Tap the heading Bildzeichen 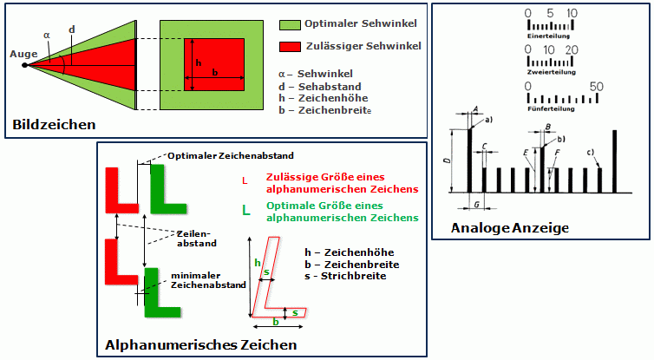tap(54, 125)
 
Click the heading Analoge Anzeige tap(509, 228)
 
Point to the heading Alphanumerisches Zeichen tap(201, 344)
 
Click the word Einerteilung tap(547, 37)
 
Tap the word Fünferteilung tap(549, 110)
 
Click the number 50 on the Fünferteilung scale tap(595, 87)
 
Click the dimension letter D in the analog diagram tap(445, 161)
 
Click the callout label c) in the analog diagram tap(591, 153)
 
